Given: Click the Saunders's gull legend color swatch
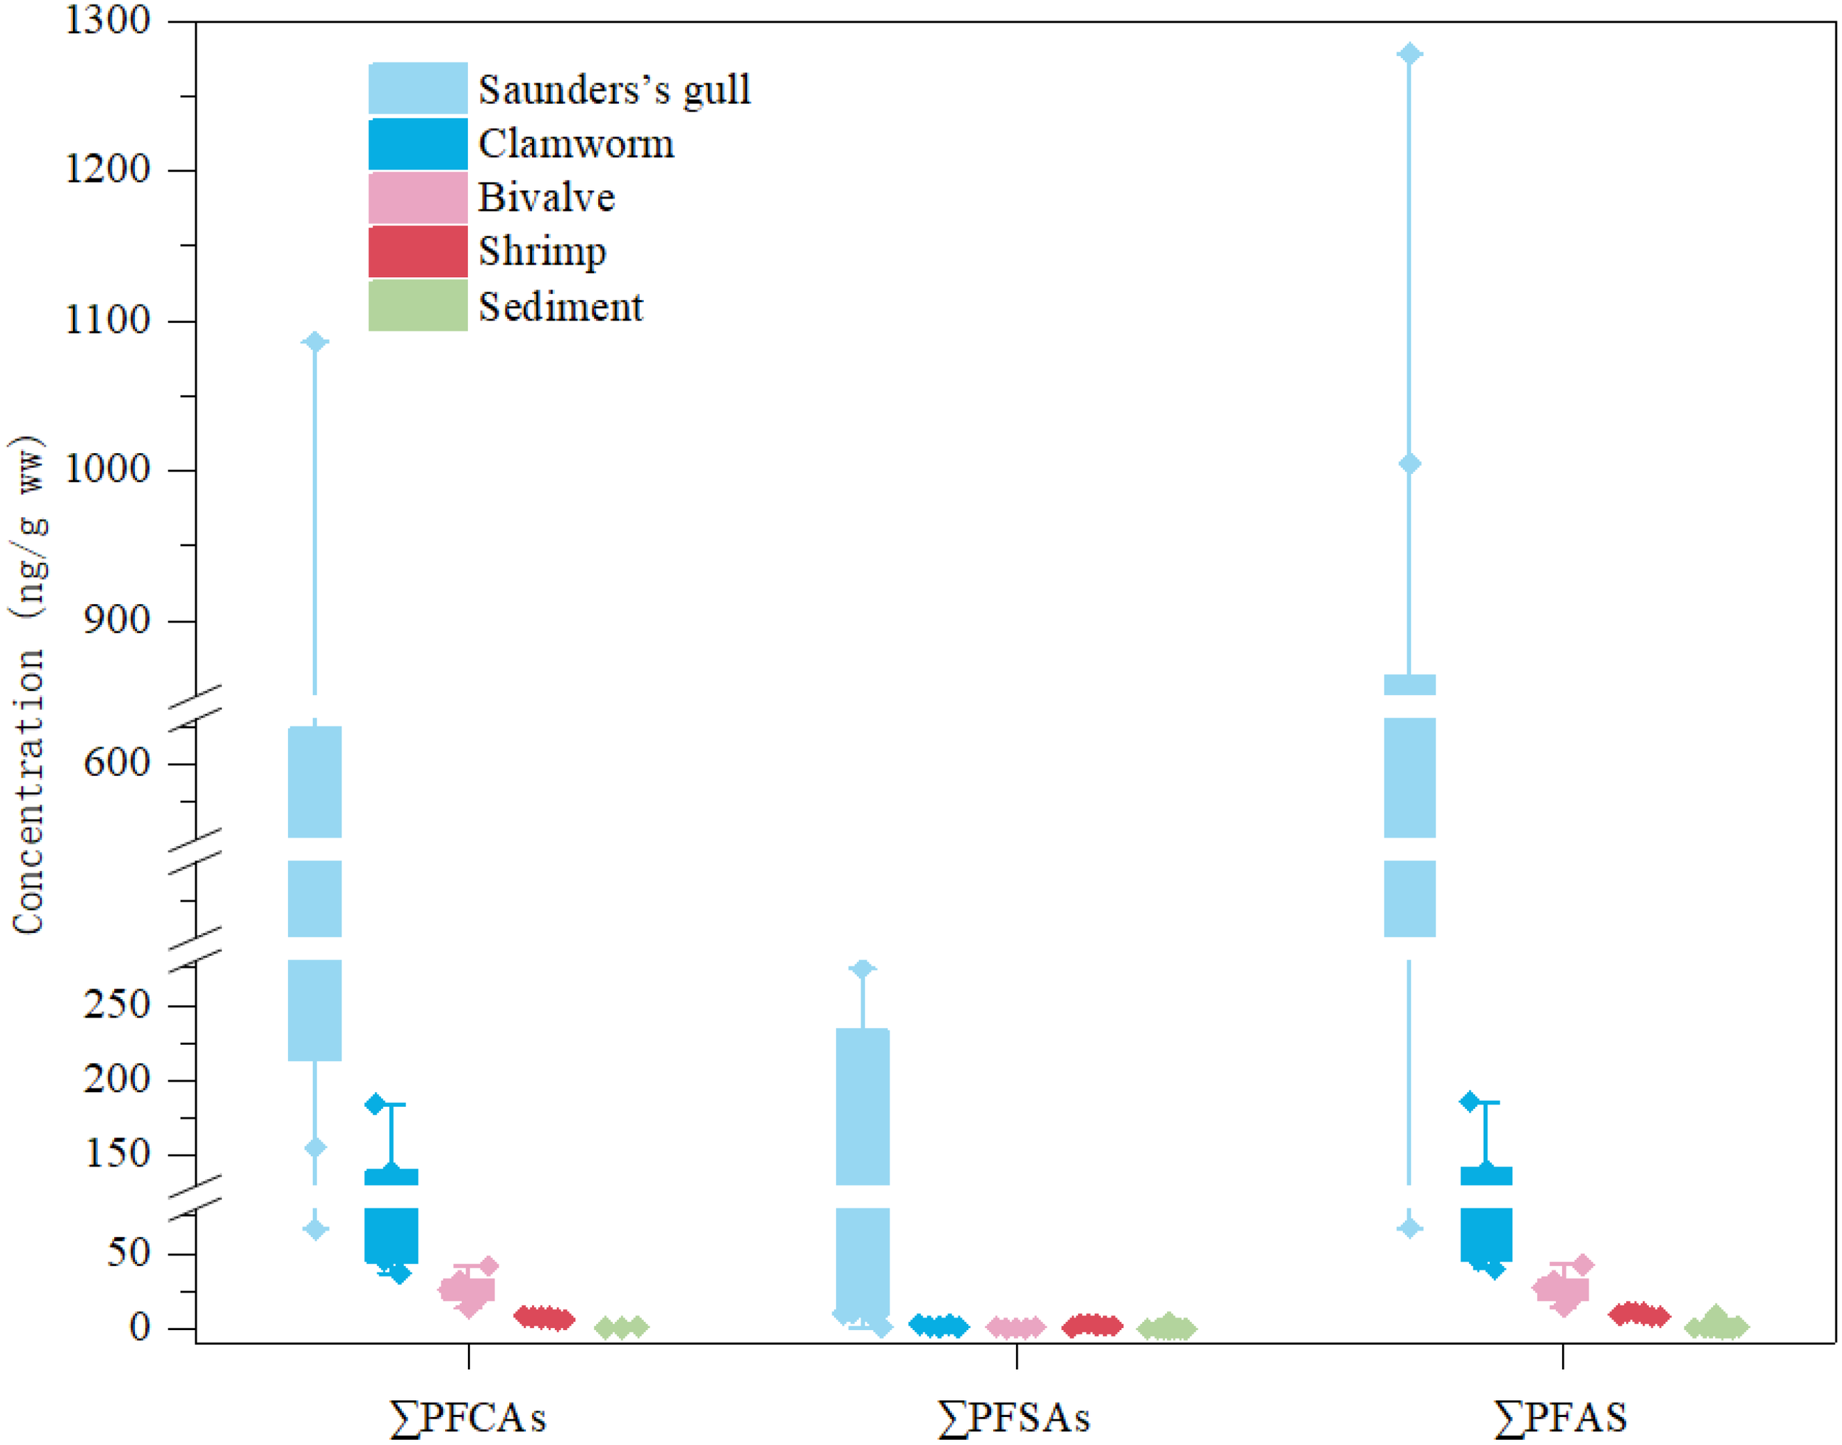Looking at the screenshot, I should click(x=418, y=88).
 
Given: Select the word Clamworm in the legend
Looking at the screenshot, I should click(x=576, y=144).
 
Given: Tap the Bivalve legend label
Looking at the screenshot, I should click(x=547, y=198).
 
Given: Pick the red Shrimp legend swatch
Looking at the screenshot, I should click(x=418, y=251).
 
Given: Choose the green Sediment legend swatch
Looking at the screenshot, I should click(x=418, y=305).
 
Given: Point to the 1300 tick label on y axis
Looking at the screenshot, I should click(x=108, y=21).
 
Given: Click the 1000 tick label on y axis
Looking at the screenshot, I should click(x=108, y=469).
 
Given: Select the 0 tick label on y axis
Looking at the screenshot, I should click(x=139, y=1327).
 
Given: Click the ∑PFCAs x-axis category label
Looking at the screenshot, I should click(x=468, y=1418).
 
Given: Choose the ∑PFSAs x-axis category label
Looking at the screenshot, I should click(x=1014, y=1418).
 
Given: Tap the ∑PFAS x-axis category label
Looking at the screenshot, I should click(x=1561, y=1418).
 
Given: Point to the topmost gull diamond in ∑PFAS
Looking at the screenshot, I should click(x=1409, y=54).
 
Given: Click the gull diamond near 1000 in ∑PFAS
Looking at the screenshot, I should click(x=1409, y=464).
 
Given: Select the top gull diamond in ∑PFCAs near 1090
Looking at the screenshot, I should click(x=315, y=342).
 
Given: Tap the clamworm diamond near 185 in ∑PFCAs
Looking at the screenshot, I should click(x=374, y=1104).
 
